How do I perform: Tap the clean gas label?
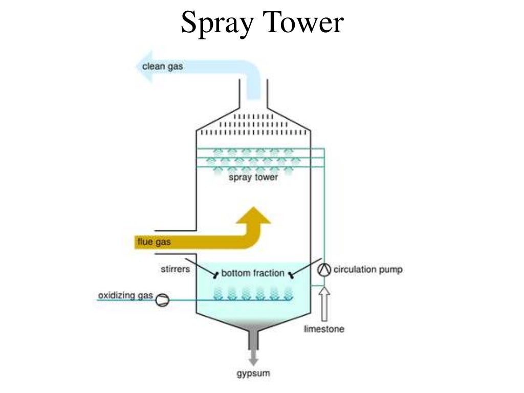(163, 66)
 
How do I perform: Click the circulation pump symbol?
(323, 270)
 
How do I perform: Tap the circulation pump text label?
(368, 269)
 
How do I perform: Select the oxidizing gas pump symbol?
(162, 299)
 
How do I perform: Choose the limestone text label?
(324, 329)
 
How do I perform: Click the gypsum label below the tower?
(253, 374)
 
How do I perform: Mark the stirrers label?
(175, 268)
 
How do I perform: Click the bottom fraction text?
(253, 273)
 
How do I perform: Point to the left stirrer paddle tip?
(215, 276)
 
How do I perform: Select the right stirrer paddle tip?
(291, 276)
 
